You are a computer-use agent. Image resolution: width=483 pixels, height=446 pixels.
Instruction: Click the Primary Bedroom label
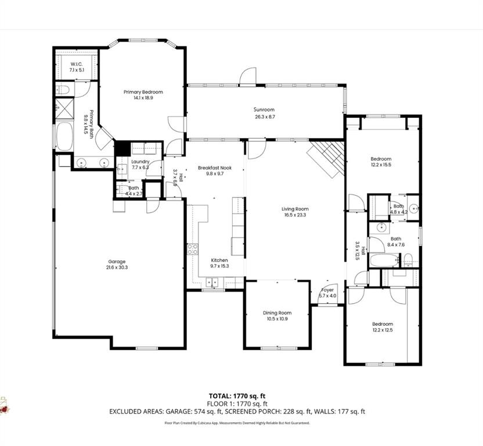[143, 92]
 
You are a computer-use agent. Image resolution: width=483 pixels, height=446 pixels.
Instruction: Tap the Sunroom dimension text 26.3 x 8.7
[264, 117]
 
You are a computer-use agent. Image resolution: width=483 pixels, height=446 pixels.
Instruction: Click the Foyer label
[327, 290]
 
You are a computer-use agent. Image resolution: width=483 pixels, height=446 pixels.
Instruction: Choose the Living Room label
[295, 209]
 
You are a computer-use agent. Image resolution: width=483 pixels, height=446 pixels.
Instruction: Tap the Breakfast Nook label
[214, 168]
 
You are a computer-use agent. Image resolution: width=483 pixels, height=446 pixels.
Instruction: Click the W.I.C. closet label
[77, 64]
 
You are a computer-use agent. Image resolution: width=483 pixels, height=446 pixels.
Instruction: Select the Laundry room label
[140, 161]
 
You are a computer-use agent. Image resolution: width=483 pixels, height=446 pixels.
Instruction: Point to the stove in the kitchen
[192, 250]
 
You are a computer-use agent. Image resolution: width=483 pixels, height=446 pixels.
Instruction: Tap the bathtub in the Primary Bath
[63, 136]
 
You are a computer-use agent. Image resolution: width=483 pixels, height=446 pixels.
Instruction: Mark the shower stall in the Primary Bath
[63, 108]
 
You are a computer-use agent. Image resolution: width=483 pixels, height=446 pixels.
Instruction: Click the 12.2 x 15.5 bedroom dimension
[381, 166]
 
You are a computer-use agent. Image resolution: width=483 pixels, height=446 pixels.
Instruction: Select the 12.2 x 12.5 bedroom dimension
[383, 330]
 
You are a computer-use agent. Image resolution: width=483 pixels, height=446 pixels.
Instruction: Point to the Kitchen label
[219, 260]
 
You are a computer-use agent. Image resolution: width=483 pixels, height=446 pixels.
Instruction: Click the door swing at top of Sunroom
[248, 76]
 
